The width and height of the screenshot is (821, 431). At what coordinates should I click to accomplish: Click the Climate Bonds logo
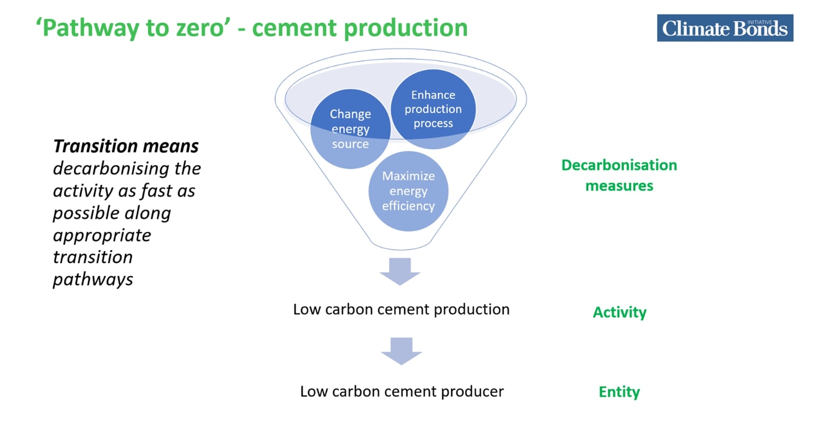click(x=725, y=28)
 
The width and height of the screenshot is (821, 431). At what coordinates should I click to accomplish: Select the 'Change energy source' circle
click(x=350, y=129)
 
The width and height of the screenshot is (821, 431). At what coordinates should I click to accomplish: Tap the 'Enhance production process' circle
click(x=433, y=109)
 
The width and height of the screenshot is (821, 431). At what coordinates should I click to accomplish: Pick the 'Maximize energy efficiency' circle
click(x=408, y=191)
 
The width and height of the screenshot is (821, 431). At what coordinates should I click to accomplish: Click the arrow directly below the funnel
click(x=400, y=272)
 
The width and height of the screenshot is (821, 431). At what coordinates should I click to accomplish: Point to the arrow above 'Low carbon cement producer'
click(x=402, y=351)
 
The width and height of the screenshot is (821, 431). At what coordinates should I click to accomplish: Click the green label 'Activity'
click(x=619, y=313)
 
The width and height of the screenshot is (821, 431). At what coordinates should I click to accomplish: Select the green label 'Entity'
click(x=619, y=392)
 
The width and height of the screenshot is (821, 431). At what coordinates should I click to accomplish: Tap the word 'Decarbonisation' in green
click(x=619, y=165)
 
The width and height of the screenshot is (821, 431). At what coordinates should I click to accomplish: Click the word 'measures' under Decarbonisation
click(x=619, y=186)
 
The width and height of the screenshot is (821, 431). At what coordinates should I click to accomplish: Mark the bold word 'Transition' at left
click(x=95, y=146)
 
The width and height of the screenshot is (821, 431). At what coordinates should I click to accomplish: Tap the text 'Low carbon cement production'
click(x=402, y=310)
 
